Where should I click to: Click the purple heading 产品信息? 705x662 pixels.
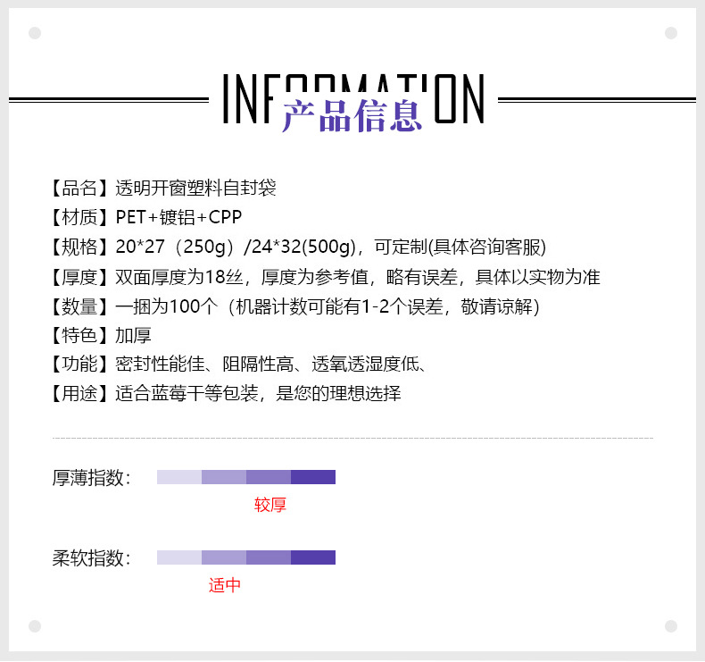click(x=352, y=116)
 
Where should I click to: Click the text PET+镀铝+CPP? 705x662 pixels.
click(x=178, y=218)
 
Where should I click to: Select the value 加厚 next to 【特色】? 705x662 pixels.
click(x=133, y=336)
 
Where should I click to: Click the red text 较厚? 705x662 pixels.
click(x=270, y=506)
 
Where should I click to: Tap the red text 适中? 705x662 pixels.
click(x=225, y=586)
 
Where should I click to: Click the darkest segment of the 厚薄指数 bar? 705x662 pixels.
click(x=313, y=477)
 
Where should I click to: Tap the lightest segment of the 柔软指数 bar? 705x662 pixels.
click(x=179, y=557)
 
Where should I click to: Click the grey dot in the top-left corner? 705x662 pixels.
click(x=35, y=33)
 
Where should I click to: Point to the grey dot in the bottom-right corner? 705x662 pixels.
click(x=671, y=626)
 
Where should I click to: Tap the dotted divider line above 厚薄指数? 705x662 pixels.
click(x=352, y=439)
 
